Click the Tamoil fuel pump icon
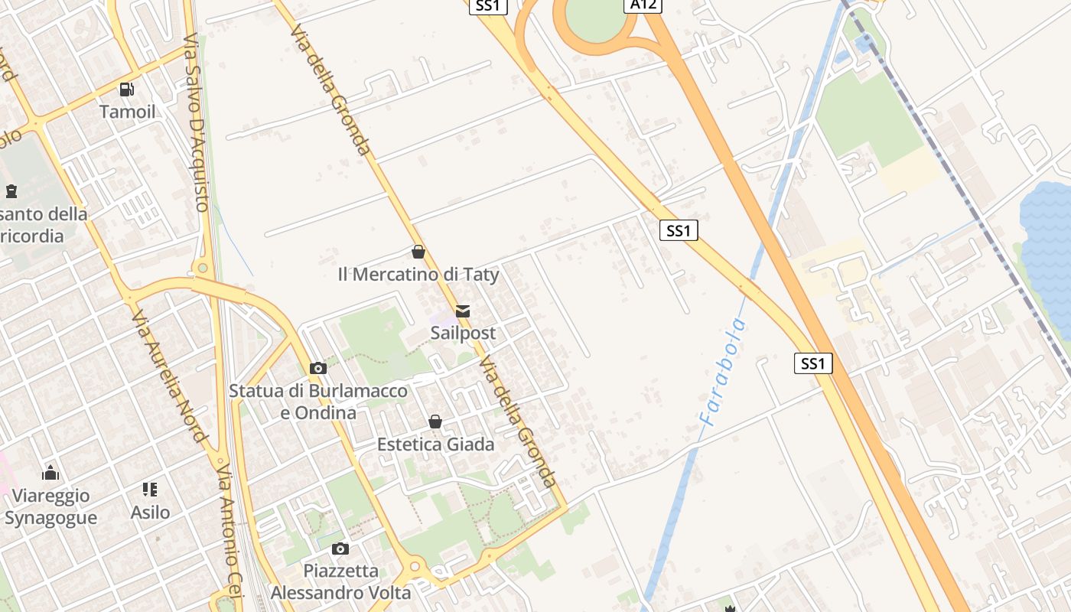(127, 90)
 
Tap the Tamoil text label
(127, 112)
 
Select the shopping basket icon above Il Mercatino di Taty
(418, 252)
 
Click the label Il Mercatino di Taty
(418, 274)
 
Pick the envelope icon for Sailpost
(463, 311)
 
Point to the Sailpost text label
(463, 333)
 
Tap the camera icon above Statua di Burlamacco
(318, 369)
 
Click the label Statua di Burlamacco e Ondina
(318, 402)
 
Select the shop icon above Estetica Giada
(435, 422)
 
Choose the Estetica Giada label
(435, 444)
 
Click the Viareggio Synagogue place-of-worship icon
(50, 473)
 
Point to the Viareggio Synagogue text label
(50, 506)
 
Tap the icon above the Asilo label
(150, 490)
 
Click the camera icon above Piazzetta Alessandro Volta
(340, 549)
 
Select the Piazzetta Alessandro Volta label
(340, 581)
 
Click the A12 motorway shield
(643, 5)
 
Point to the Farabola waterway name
(722, 372)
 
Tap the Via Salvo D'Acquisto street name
(197, 122)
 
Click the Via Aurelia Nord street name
(169, 376)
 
